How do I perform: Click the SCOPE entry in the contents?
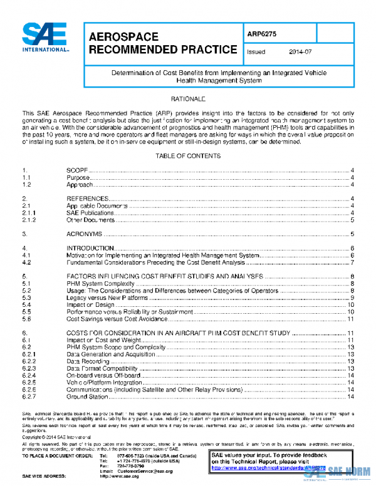[x=77, y=170]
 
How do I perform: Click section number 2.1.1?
[x=29, y=212]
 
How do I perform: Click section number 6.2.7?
[x=29, y=396]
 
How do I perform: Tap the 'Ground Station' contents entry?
[x=86, y=396]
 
